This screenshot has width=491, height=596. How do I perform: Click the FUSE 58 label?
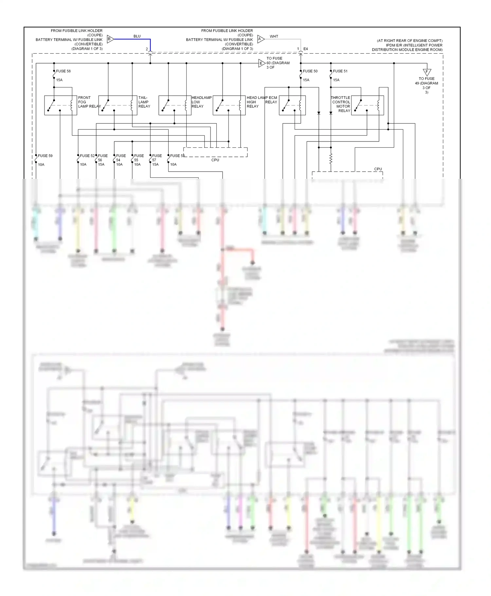pos(63,71)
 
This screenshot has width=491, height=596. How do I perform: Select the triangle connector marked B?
pos(110,39)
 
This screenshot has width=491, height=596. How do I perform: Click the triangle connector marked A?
pos(261,39)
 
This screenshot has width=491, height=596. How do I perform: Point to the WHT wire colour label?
pos(274,36)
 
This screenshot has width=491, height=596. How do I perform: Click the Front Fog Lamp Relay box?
pos(61,105)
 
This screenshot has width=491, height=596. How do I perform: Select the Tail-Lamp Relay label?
pos(144,102)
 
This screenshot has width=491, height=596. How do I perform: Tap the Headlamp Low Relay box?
pos(175,105)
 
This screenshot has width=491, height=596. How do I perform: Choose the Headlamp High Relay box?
pos(229,105)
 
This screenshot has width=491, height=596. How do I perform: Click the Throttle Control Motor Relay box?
pos(367,105)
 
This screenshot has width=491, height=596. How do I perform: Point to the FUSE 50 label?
pos(310,71)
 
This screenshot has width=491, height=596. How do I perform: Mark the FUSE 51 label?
pos(340,71)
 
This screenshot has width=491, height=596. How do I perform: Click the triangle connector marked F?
pos(427,72)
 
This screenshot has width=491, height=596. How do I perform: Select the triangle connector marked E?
pos(262,64)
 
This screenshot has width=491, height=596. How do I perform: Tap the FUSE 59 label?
pos(45,156)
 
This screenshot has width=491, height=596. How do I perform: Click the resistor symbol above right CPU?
pos(331,159)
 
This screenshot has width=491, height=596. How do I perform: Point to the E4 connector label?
pos(305,49)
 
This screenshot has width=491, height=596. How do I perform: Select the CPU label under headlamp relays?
pos(215,160)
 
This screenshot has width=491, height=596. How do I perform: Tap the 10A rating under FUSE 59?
pos(41,165)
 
